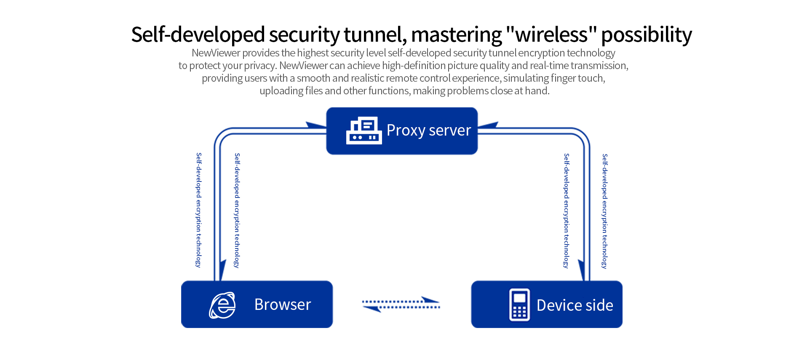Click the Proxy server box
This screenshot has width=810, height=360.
click(x=402, y=131)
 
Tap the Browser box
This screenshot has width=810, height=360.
click(x=257, y=304)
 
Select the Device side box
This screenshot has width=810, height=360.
click(x=546, y=304)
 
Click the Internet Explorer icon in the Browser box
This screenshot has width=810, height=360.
click(x=222, y=305)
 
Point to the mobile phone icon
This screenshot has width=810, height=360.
click(x=519, y=305)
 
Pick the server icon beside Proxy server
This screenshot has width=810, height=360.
click(x=364, y=131)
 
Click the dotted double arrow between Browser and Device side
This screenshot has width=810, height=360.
click(x=401, y=304)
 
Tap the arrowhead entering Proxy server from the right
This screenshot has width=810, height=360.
click(x=488, y=125)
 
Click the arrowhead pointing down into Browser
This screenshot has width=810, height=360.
click(x=222, y=269)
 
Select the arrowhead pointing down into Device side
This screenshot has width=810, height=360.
click(x=581, y=269)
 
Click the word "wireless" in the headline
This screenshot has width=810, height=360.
click(x=551, y=35)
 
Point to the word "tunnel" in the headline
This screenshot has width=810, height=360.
click(x=375, y=35)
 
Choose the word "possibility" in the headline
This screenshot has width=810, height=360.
click(x=646, y=35)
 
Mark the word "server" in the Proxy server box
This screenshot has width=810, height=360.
click(x=449, y=131)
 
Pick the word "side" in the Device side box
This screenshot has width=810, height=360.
click(x=598, y=305)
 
